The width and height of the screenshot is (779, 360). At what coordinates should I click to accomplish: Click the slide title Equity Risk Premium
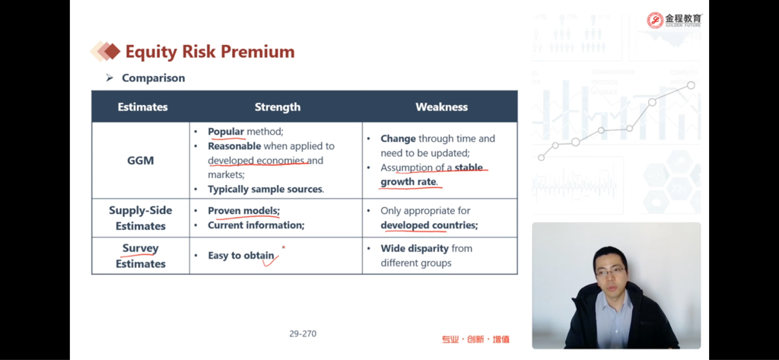(x=210, y=52)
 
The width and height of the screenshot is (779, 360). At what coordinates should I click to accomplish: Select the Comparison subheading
(x=153, y=78)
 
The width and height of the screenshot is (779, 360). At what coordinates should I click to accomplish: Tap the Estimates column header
(x=142, y=107)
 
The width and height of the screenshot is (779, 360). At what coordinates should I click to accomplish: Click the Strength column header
(x=277, y=107)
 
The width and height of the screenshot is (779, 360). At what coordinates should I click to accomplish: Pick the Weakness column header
(x=442, y=107)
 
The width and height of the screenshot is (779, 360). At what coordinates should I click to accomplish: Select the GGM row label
(x=141, y=161)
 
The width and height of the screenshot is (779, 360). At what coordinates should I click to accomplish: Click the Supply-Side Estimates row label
(x=141, y=218)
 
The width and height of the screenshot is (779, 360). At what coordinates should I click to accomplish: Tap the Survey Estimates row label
(x=141, y=256)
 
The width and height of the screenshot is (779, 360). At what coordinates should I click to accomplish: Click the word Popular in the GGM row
(x=226, y=132)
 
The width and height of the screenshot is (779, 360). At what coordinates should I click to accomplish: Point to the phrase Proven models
(x=244, y=211)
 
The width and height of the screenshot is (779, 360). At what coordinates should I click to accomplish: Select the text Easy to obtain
(x=241, y=256)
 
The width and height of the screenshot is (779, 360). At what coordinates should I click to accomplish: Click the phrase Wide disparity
(x=415, y=249)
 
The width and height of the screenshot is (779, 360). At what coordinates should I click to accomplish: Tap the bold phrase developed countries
(x=429, y=225)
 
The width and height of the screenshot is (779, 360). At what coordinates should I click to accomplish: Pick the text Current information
(x=256, y=225)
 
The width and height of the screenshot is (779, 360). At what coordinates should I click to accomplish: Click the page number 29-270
(x=303, y=333)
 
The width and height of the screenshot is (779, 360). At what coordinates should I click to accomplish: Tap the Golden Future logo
(x=674, y=21)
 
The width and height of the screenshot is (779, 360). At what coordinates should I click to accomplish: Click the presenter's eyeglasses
(x=611, y=272)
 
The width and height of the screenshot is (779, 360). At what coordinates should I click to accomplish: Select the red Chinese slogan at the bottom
(x=475, y=339)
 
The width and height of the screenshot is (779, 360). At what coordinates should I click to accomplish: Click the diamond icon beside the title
(x=105, y=51)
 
